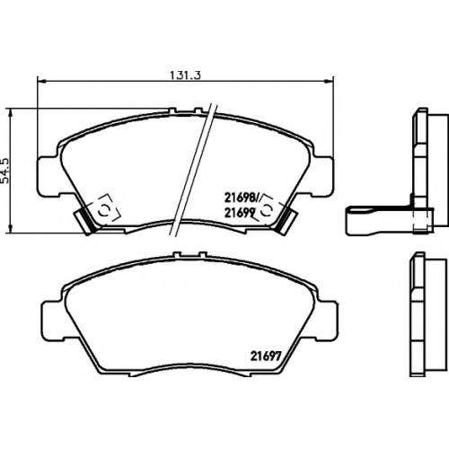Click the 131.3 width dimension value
coord(185,75)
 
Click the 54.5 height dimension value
coord(5,171)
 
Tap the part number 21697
coord(265,357)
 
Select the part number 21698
coord(241,198)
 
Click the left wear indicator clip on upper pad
coord(84,221)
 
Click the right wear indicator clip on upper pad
coord(286,221)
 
